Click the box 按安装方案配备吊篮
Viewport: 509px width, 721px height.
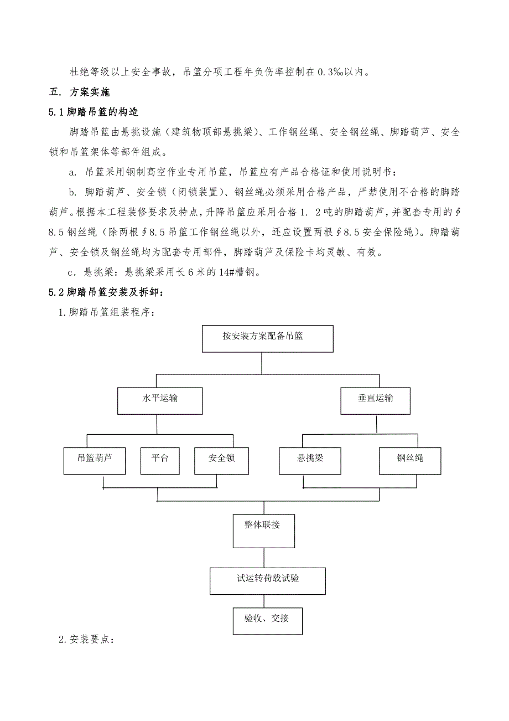coord(268,339)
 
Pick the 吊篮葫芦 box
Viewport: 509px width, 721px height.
coord(95,461)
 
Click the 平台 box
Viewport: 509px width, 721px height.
coord(160,461)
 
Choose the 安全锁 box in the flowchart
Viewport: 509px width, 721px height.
coord(221,461)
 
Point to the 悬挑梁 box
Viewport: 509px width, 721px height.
coord(310,461)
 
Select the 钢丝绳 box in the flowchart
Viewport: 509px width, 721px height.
coord(410,461)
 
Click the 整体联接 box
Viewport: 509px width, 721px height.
coord(263,531)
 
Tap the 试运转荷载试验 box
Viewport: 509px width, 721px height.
coord(268,580)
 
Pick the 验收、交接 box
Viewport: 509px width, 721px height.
coord(268,621)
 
